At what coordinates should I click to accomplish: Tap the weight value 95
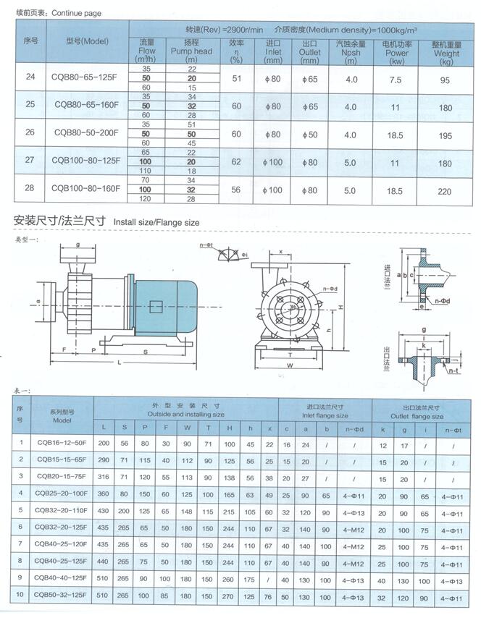[445, 80]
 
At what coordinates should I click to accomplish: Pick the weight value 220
[445, 191]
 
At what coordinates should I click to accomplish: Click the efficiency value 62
[236, 163]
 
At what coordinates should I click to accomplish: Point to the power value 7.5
[396, 80]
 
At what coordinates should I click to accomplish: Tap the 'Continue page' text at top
[76, 13]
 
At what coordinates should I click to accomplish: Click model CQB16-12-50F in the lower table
[62, 441]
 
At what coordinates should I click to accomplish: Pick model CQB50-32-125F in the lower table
[62, 595]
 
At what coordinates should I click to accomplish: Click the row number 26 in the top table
[30, 132]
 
